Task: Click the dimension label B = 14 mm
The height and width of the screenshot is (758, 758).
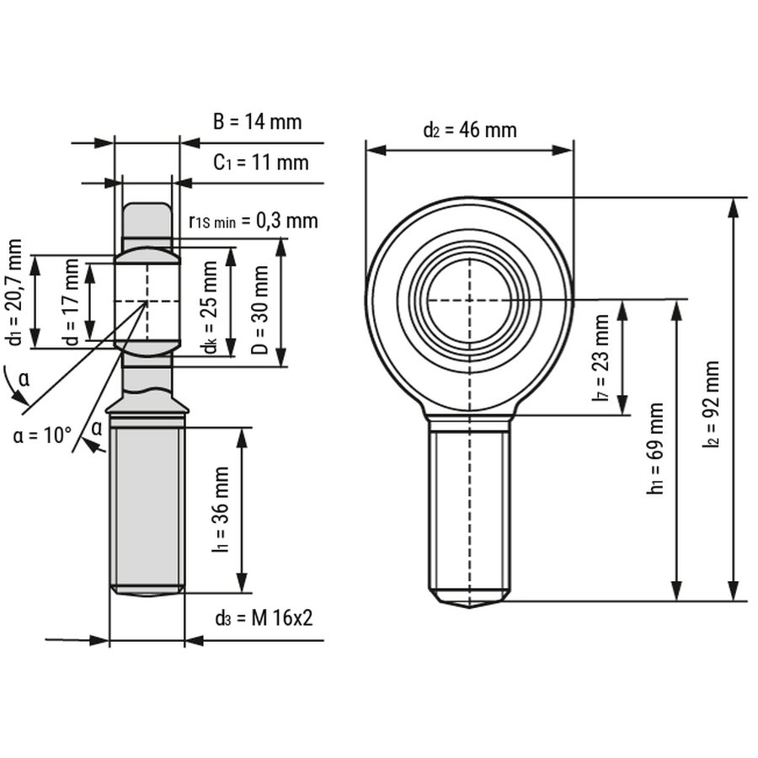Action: [256, 122]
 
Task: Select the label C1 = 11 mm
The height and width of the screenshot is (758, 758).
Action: [260, 163]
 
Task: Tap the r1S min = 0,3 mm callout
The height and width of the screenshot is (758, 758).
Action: [254, 221]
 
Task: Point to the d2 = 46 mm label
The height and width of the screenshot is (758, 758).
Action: [469, 130]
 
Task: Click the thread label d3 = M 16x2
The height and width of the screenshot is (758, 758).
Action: [264, 618]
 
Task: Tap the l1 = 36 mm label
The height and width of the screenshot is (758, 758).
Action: [222, 510]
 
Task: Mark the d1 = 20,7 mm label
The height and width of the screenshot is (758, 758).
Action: [13, 291]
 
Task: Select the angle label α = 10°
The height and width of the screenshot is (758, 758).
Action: [43, 435]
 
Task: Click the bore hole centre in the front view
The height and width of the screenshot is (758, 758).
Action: [469, 299]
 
